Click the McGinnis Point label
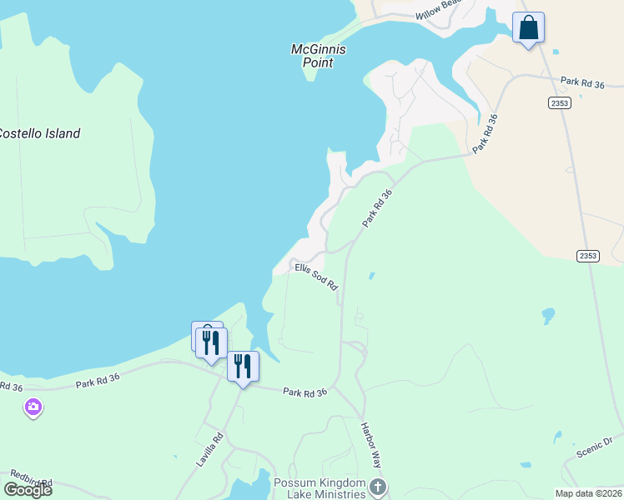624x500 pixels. point(318,56)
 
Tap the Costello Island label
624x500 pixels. point(38,133)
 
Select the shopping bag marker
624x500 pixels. point(528,28)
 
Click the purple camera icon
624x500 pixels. point(33,407)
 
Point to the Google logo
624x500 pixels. point(28,490)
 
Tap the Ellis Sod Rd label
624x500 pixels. point(317,277)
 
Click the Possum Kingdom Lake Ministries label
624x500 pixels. point(320,488)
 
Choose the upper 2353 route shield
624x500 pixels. point(560,102)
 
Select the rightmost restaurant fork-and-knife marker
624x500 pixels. point(243,367)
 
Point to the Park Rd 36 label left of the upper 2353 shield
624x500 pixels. point(581,82)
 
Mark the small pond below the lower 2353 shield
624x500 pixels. point(548,316)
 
